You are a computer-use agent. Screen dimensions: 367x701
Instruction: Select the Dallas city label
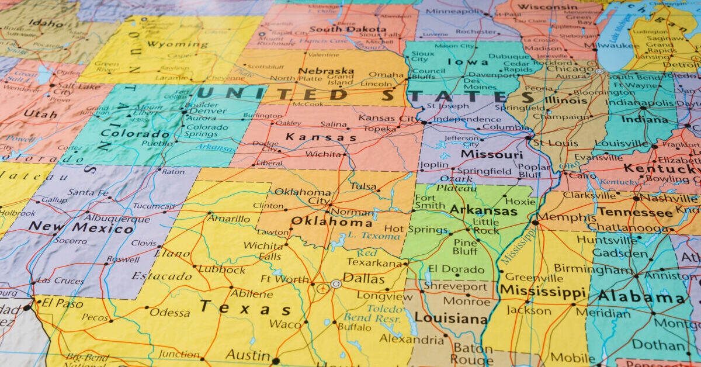coord(363,279)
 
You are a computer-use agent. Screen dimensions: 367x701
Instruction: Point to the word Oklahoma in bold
coord(331,221)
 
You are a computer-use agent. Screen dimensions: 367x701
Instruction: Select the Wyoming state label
coord(169,44)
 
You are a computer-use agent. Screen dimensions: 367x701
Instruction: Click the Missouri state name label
coord(491,154)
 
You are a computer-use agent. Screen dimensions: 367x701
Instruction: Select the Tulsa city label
coord(363,186)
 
